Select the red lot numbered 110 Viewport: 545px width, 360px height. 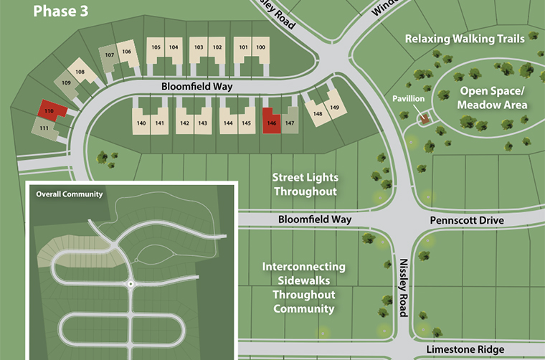pos(51,110)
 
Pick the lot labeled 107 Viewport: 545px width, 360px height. pos(110,57)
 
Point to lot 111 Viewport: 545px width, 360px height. pos(44,127)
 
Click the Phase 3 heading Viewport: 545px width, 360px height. pos(62,11)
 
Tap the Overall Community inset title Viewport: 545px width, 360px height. pos(70,194)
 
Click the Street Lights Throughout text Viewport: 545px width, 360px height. pos(305,184)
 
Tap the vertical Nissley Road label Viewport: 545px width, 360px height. pos(403,288)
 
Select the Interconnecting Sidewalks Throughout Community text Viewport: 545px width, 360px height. pos(303,288)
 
